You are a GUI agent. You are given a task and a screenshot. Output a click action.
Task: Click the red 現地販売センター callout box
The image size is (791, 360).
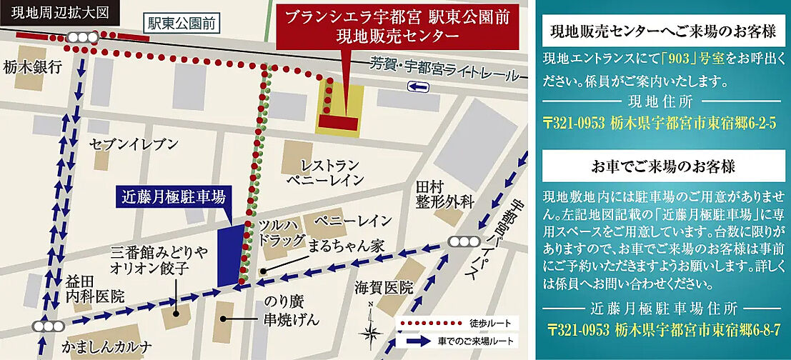pyautogui.click(x=397, y=27)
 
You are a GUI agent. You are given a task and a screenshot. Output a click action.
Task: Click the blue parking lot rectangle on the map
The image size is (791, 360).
pyautogui.click(x=229, y=254)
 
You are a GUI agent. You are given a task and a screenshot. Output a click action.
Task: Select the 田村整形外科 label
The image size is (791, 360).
pyautogui.click(x=444, y=194)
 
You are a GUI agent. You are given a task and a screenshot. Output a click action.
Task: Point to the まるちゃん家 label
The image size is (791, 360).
pyautogui.click(x=347, y=246)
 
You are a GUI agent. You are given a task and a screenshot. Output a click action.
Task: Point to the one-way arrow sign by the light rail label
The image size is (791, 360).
pyautogui.click(x=418, y=86)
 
